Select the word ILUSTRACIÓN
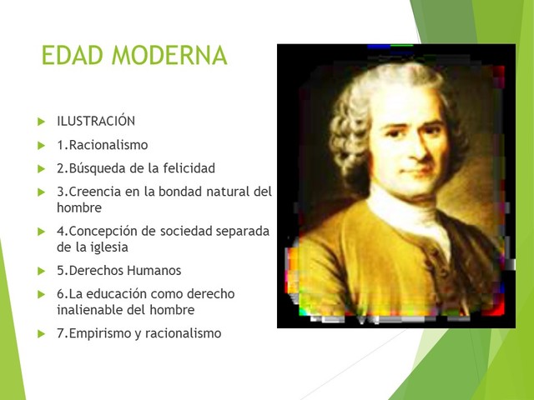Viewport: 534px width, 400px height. tap(96, 122)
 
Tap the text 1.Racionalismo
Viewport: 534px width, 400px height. tap(102, 145)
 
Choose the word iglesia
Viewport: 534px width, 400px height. tap(108, 247)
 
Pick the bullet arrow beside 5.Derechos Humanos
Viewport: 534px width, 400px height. tap(43, 272)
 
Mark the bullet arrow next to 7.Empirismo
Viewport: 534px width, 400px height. tap(43, 334)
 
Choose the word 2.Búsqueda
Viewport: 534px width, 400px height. tap(89, 168)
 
